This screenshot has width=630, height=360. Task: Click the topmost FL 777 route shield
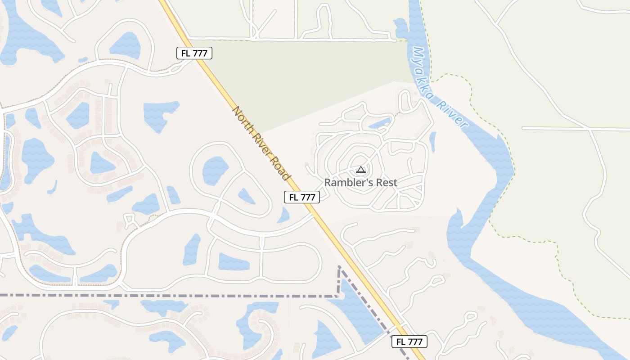(194, 53)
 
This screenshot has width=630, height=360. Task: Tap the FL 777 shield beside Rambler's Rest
(302, 197)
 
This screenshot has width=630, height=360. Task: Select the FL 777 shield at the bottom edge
(409, 342)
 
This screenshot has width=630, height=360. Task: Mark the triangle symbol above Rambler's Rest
(360, 170)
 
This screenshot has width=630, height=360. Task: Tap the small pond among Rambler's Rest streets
(379, 122)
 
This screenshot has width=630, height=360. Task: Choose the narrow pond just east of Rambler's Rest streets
(432, 141)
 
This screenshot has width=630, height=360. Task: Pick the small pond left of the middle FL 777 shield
(283, 215)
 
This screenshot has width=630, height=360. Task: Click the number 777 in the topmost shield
(200, 53)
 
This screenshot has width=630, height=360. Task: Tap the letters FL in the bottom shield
(401, 342)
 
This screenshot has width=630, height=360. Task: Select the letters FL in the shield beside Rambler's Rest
(294, 197)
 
